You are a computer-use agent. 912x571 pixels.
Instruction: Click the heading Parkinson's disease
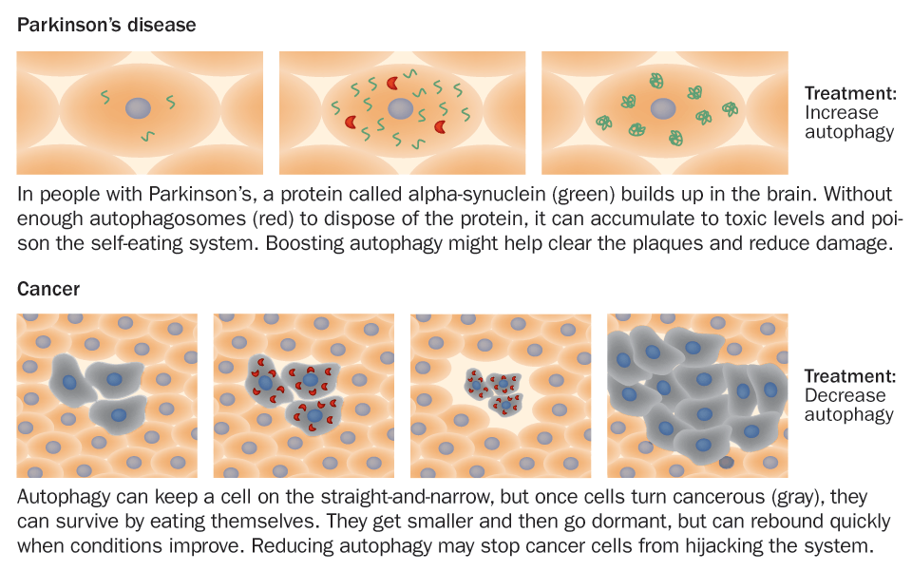click(x=106, y=26)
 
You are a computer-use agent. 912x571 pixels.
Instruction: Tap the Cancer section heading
click(x=47, y=289)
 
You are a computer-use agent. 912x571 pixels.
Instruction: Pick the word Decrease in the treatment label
click(x=845, y=395)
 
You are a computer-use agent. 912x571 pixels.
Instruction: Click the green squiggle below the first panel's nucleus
click(x=147, y=137)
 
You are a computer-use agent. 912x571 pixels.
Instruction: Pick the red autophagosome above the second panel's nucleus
click(x=391, y=83)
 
